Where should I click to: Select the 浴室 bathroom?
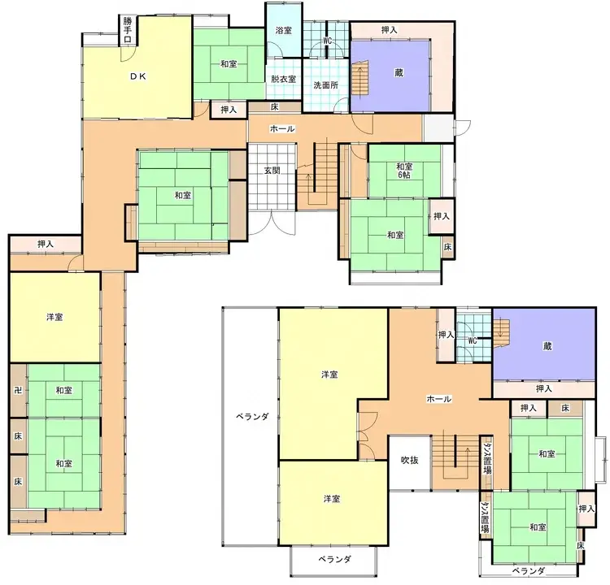pos(284,30)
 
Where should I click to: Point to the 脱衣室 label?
pos(283,80)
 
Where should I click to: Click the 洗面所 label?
pos(325,84)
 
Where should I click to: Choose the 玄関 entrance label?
pos(272,170)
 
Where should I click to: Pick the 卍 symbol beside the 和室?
pos(17,391)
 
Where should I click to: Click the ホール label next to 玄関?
pos(281,129)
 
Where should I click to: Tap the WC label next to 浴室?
pos(327,41)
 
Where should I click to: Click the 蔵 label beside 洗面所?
pos(398,72)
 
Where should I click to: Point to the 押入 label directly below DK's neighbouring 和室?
pos(228,110)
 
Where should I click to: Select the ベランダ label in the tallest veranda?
pos(252,416)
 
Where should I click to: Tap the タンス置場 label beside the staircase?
pos(486,460)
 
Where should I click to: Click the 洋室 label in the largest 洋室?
pos(329,375)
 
